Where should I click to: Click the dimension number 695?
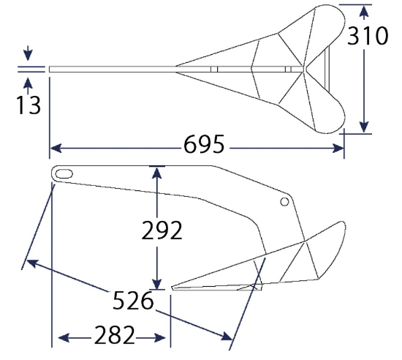pyautogui.click(x=204, y=144)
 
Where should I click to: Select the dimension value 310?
pyautogui.click(x=368, y=36)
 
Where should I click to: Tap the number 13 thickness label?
pyautogui.click(x=29, y=105)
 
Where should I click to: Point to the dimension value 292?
pyautogui.click(x=162, y=230)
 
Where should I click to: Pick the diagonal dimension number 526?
pyautogui.click(x=133, y=300)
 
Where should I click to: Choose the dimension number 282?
pyautogui.click(x=115, y=334)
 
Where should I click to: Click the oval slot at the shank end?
pyautogui.click(x=64, y=173)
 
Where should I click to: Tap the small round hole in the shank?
pyautogui.click(x=284, y=202)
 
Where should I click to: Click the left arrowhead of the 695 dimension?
pyautogui.click(x=56, y=149)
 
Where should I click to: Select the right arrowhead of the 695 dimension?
pyautogui.click(x=338, y=149)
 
